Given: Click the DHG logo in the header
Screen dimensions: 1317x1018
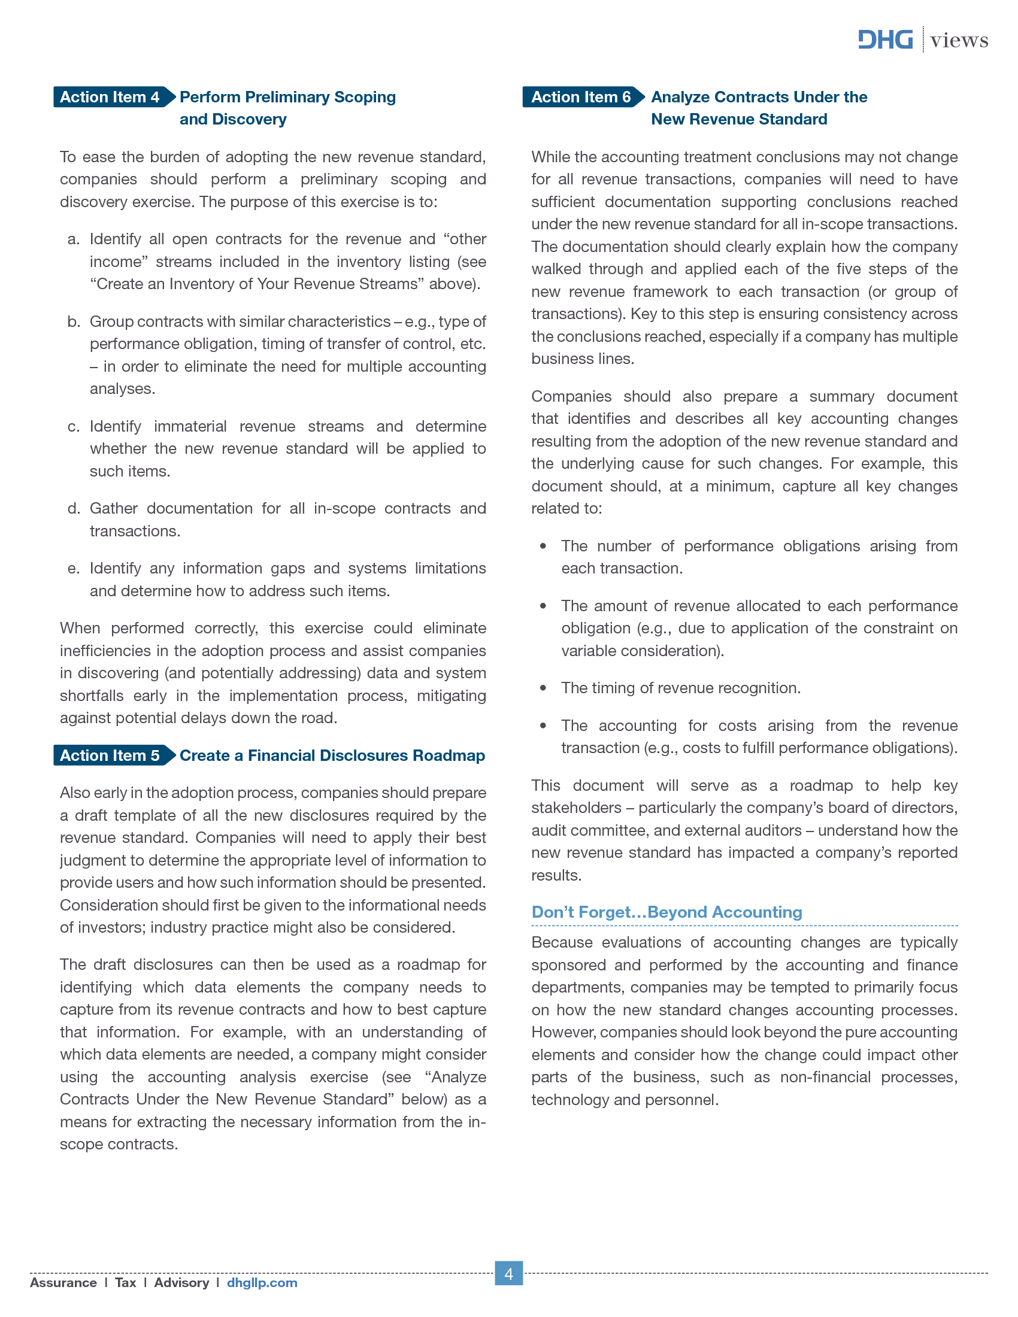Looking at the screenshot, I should [884, 40].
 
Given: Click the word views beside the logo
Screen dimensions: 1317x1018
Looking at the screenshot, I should [959, 40].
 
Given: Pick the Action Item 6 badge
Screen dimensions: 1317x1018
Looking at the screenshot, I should [581, 97].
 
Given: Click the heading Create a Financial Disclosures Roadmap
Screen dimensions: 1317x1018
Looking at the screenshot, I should [332, 755].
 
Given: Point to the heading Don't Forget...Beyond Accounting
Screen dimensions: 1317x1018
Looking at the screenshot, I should [666, 912].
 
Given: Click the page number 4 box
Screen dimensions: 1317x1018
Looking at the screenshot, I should [508, 1273].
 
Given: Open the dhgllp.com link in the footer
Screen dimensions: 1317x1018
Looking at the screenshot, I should [262, 1283].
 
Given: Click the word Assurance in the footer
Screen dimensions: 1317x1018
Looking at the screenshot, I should [63, 1283].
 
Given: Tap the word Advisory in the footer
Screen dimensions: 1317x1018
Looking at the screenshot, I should [181, 1283].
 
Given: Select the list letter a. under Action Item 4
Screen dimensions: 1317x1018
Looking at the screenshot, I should [74, 239].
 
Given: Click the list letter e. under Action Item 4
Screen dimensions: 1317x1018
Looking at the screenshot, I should [74, 569].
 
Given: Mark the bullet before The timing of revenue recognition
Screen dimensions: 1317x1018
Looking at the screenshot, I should [543, 688].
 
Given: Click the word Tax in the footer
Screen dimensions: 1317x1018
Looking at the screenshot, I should [125, 1283].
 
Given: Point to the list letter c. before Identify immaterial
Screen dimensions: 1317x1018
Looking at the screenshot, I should [74, 427].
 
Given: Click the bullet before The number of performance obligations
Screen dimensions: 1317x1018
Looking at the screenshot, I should [543, 547].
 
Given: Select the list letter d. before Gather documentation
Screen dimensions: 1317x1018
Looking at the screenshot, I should [74, 509].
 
